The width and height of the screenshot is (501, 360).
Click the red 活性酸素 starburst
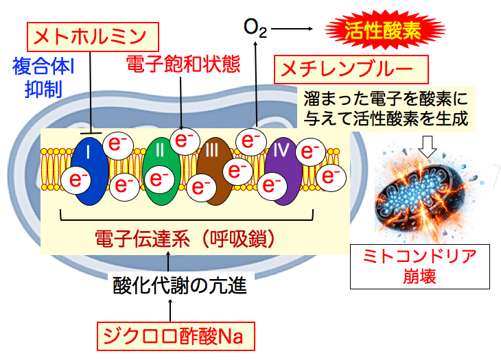point(380,29)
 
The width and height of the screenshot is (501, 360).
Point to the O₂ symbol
point(255,28)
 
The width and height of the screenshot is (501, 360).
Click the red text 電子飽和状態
point(183,64)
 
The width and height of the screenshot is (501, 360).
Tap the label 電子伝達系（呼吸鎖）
point(187,239)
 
